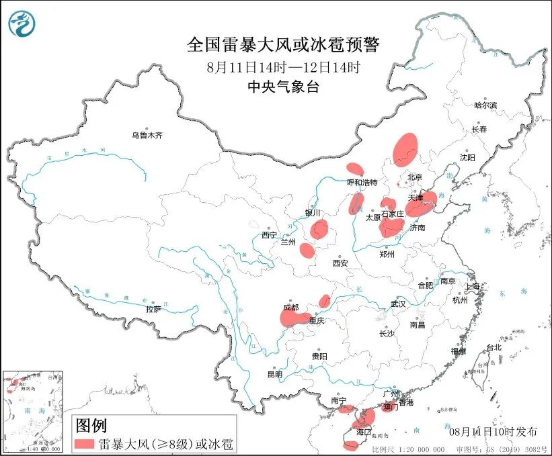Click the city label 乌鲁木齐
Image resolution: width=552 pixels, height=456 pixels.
(147, 136)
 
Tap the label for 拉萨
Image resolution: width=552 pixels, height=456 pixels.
(153, 309)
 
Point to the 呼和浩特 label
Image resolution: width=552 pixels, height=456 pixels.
(362, 183)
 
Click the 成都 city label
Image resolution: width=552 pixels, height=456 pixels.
(290, 307)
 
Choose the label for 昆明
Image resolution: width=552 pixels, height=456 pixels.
(275, 374)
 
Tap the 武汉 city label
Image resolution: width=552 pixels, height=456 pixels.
(398, 304)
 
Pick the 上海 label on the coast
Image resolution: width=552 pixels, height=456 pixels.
(473, 287)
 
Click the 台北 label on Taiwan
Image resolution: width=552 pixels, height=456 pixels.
(494, 347)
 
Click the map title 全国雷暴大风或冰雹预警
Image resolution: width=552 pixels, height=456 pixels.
(283, 45)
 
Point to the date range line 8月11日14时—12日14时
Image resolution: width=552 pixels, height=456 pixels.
(283, 67)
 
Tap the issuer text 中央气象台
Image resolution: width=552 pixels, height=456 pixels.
(282, 87)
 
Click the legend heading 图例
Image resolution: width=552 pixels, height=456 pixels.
(90, 425)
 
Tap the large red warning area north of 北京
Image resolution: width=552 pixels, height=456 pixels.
(405, 148)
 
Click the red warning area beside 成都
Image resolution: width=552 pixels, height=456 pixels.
(294, 318)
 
